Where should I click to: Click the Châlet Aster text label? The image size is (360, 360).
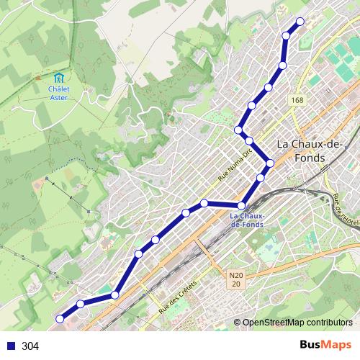tap(59, 92)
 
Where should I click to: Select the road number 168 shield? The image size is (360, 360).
tap(297, 100)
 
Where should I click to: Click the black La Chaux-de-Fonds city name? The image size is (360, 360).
tap(301, 150)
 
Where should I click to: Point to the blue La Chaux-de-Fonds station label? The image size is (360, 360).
tap(247, 220)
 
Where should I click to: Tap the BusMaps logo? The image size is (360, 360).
tap(321, 346)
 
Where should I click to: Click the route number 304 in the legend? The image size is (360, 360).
tap(30, 346)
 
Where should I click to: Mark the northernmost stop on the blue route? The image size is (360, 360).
tap(300, 21)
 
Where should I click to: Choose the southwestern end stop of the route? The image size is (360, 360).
tap(60, 319)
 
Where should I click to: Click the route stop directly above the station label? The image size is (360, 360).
tap(243, 206)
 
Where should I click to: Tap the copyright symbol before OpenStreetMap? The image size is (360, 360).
tap(238, 322)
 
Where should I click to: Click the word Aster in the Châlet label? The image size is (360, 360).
tap(59, 97)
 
